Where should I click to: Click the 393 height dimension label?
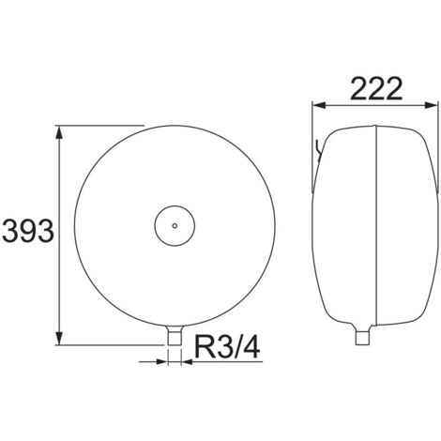(28, 231)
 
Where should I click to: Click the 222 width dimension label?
(376, 89)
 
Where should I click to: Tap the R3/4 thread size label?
(227, 346)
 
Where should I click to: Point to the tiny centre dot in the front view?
(175, 225)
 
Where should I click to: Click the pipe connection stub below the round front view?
(175, 335)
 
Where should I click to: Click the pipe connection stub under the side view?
(363, 336)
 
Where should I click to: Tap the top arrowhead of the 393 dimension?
(59, 132)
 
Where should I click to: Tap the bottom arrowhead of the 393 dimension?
(59, 339)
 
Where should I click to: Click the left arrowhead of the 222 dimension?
(319, 105)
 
